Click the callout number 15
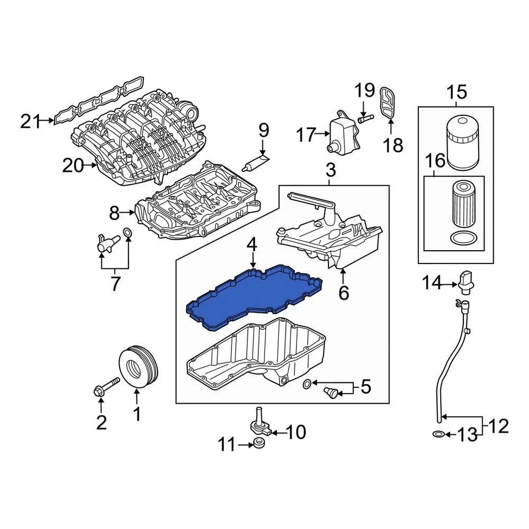click(456, 91)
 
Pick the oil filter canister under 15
click(462, 142)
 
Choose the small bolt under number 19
click(366, 117)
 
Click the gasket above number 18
click(388, 102)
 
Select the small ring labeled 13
click(438, 435)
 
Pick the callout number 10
click(295, 432)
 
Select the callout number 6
click(343, 293)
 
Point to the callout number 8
click(114, 212)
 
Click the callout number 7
click(115, 284)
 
